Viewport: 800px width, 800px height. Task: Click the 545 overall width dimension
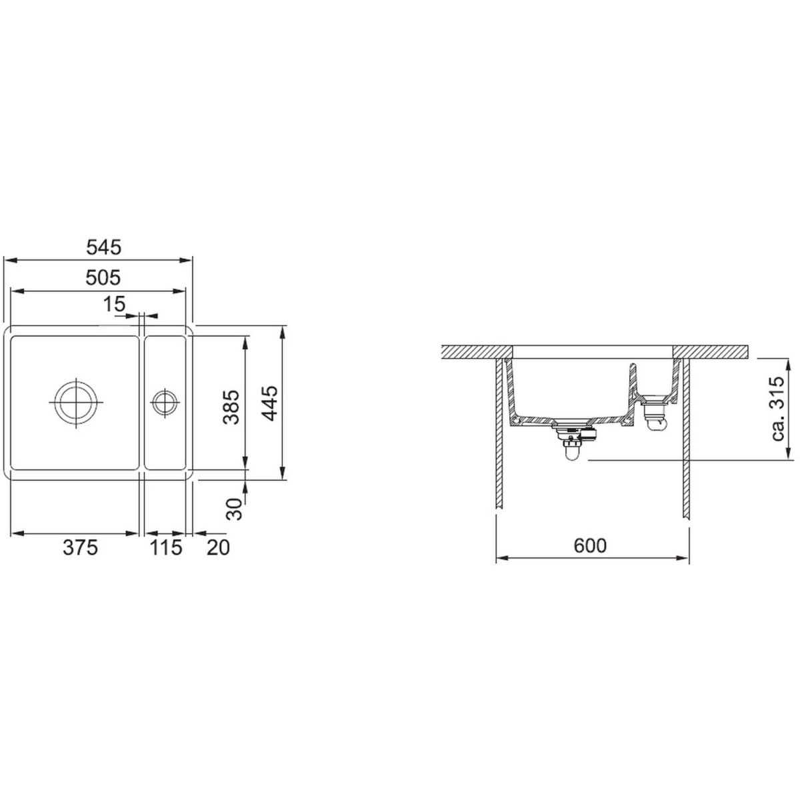(103, 248)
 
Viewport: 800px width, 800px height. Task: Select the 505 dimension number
(103, 278)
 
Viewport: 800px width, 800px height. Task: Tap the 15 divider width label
(114, 304)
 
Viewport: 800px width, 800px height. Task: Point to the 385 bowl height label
(231, 407)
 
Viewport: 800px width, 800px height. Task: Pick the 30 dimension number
(235, 509)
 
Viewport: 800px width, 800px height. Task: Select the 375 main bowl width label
(80, 547)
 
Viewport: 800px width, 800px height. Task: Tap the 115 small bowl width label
(165, 547)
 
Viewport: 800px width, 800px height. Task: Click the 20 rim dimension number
(218, 547)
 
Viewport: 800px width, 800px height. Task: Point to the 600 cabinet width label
(590, 545)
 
